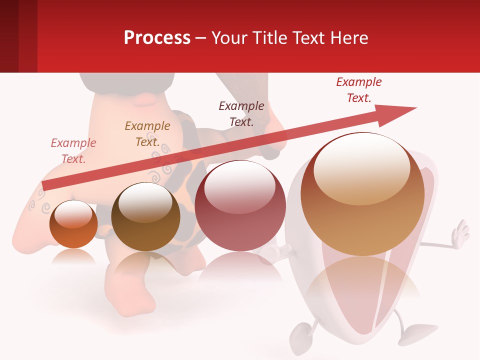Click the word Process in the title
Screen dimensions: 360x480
tap(157, 38)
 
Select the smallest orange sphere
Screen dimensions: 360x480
tap(73, 224)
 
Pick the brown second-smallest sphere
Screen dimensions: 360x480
tap(145, 216)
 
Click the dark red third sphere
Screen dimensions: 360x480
tap(240, 206)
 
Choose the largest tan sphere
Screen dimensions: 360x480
tap(362, 195)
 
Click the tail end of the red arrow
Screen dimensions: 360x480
tap(44, 186)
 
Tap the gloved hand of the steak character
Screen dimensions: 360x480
tap(460, 232)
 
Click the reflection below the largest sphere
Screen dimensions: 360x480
tap(363, 285)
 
